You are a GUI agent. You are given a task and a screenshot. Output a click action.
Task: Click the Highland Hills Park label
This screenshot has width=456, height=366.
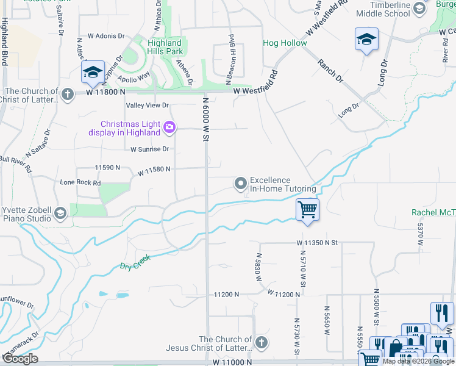click(x=165, y=47)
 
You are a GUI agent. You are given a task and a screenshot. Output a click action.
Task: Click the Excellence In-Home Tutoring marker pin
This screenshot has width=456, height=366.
click(x=241, y=182)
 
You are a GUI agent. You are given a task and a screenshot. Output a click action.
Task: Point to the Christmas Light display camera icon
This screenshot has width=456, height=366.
click(x=169, y=127)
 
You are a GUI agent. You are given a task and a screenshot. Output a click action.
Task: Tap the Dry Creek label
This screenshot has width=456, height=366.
click(x=134, y=263)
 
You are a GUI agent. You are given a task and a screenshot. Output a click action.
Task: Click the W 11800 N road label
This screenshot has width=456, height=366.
click(x=105, y=91)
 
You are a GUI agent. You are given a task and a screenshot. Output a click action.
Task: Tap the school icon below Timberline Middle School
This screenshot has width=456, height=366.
click(x=366, y=40)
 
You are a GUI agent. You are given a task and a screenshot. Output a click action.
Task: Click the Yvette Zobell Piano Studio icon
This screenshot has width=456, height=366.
click(x=60, y=213)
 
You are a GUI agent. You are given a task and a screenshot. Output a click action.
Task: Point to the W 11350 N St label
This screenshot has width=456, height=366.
click(x=317, y=242)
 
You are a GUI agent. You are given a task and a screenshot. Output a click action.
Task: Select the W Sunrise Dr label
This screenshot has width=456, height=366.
click(x=149, y=149)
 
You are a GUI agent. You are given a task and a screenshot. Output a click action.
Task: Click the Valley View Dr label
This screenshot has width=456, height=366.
click(x=147, y=106)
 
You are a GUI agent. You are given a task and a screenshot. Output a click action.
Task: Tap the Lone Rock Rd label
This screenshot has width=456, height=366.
click(x=80, y=182)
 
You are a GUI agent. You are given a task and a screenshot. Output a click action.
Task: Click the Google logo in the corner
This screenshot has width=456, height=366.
click(x=20, y=359)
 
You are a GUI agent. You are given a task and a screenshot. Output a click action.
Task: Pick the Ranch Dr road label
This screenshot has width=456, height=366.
click(x=330, y=71)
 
